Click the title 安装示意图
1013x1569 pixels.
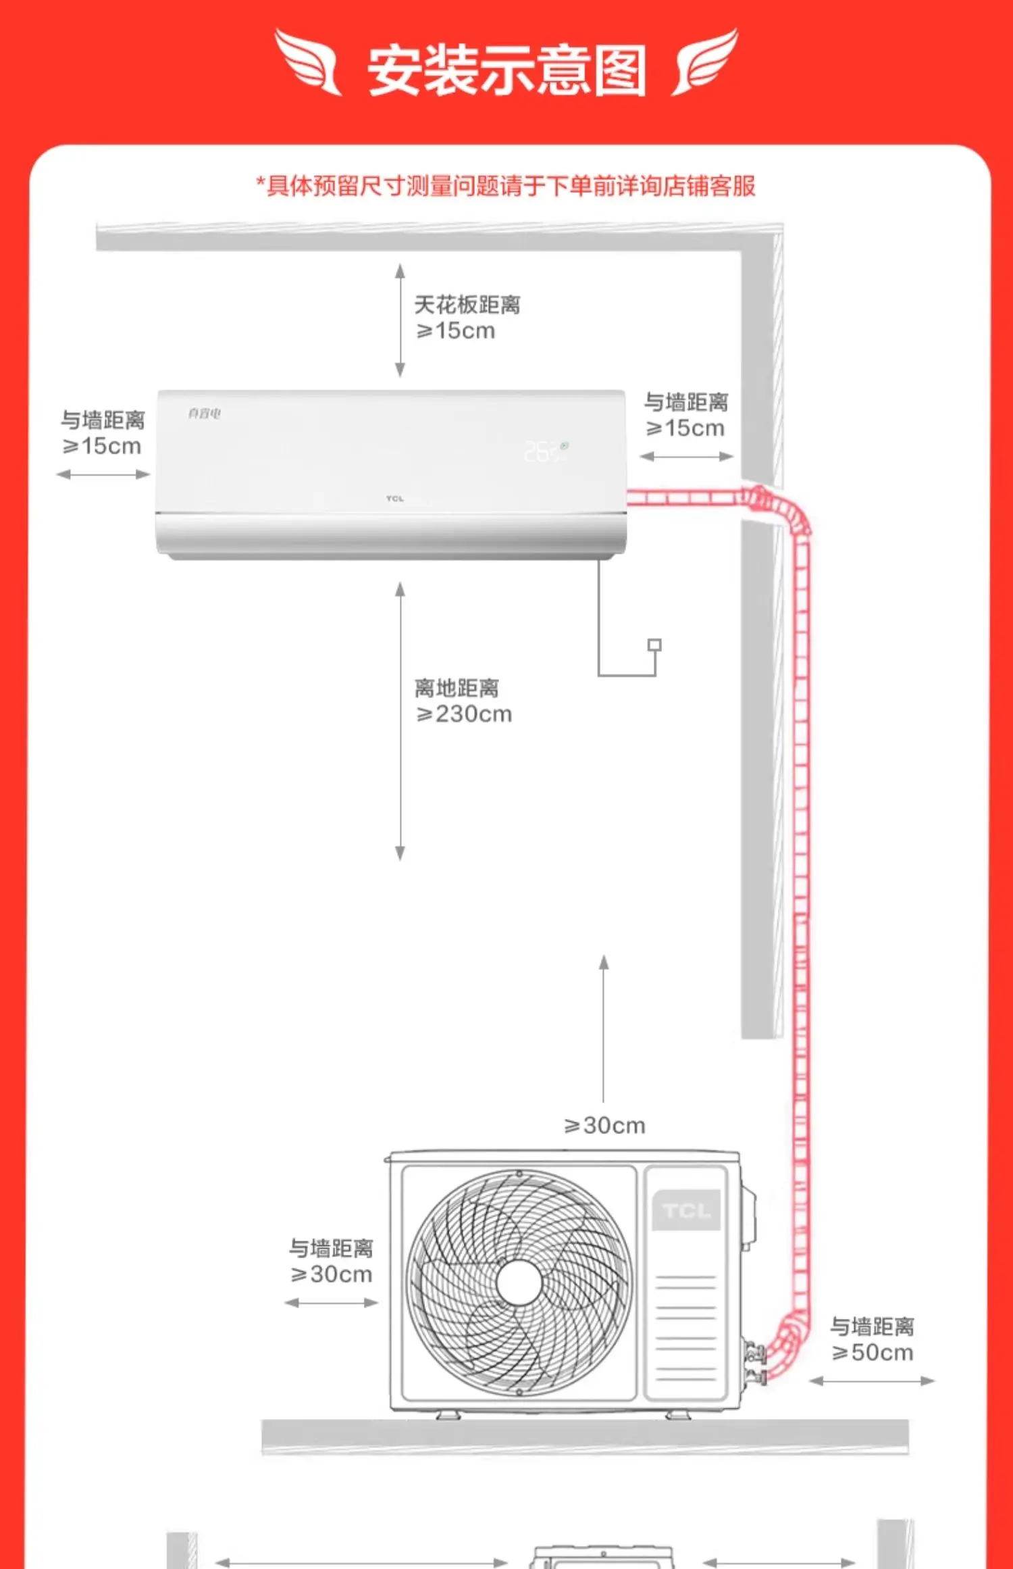506,70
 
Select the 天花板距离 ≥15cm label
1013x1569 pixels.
466,318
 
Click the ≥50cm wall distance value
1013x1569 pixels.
873,1352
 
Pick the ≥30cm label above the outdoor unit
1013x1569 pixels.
605,1125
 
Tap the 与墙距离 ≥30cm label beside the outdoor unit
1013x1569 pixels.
331,1261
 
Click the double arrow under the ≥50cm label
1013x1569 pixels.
871,1381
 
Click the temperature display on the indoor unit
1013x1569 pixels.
544,451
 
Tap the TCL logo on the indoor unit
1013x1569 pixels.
395,499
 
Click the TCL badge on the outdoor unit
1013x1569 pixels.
685,1210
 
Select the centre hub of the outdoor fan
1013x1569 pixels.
519,1282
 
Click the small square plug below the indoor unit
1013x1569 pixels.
654,645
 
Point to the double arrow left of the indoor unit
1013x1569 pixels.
103,474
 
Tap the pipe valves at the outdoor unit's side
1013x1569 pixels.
755,1362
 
